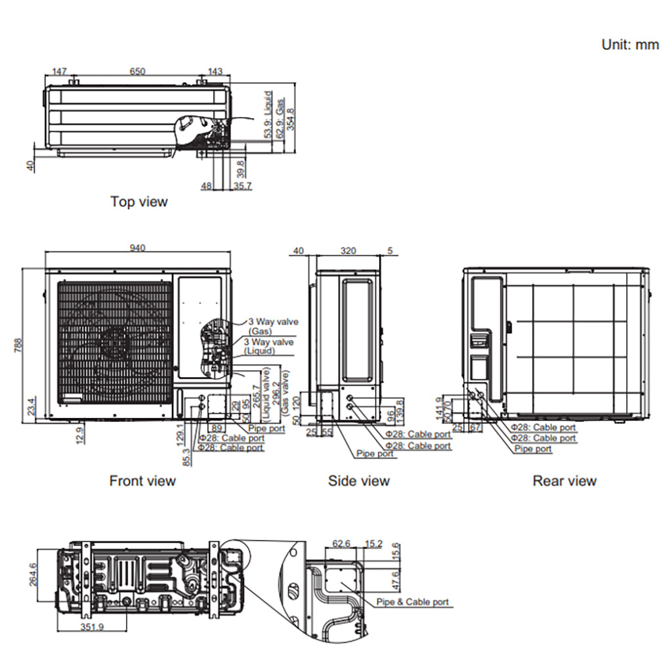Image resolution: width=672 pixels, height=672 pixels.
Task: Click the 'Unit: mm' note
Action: pos(630,45)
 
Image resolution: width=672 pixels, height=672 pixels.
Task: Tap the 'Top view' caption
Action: pos(138,201)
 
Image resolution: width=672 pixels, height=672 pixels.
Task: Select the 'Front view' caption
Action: pos(142,481)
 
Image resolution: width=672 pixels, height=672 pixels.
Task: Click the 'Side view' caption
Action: pos(358,481)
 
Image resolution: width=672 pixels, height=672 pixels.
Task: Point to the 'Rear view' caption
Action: pos(564,481)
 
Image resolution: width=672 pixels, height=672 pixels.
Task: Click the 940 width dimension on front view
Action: pos(137,247)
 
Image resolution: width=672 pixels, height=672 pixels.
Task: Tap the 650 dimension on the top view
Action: pos(137,71)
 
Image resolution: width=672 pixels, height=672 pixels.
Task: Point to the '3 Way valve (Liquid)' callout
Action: pos(268,346)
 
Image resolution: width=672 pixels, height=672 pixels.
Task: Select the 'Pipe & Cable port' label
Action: pos(413,602)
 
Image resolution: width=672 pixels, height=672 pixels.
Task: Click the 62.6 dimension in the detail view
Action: pos(341,543)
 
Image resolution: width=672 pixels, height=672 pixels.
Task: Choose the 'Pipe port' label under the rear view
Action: pos(533,449)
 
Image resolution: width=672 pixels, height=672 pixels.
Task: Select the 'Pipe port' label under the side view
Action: pos(375,453)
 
